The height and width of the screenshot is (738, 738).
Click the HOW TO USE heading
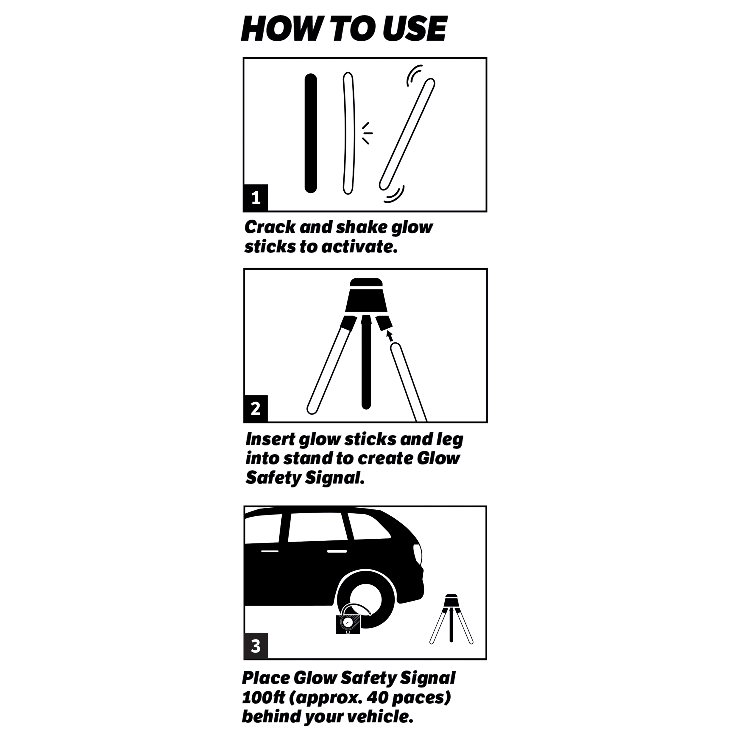pos(344,29)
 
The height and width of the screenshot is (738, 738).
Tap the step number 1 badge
pos(256,198)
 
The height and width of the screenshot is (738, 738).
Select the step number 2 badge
pos(256,409)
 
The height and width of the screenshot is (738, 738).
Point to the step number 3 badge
pos(256,646)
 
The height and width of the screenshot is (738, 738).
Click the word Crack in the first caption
pos(270,227)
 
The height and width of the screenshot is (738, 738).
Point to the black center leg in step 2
pos(366,367)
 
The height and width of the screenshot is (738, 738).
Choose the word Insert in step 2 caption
pos(270,439)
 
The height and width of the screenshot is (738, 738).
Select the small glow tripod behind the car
pos(451,619)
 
